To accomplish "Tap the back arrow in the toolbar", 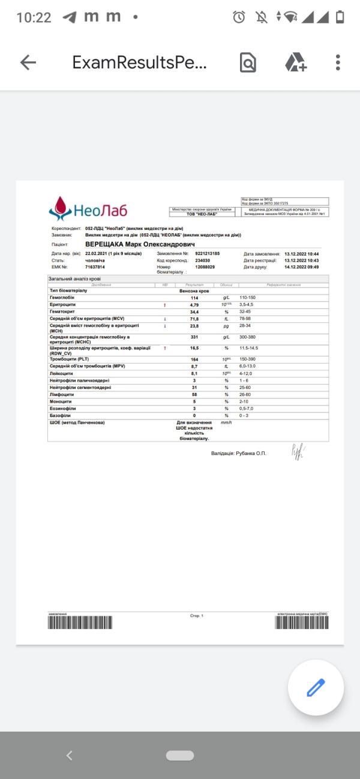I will [x=28, y=62].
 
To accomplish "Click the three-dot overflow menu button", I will [x=338, y=62].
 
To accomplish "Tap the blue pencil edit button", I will [x=316, y=687].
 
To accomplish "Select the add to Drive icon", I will [x=295, y=62].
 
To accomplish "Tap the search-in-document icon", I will [x=248, y=62].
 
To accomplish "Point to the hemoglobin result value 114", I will [x=194, y=298].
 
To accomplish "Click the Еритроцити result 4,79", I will [x=194, y=305].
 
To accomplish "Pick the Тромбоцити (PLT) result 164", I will [x=194, y=359].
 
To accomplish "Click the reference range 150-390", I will [x=248, y=359].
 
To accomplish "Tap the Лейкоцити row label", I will [x=61, y=373].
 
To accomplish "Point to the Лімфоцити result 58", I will [x=194, y=394].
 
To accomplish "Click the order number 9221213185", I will [x=208, y=254].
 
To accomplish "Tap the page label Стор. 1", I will [x=197, y=616].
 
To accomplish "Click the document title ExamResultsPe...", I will [x=139, y=62].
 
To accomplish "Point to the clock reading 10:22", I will [x=34, y=17].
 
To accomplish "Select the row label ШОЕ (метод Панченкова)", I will [x=77, y=423].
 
